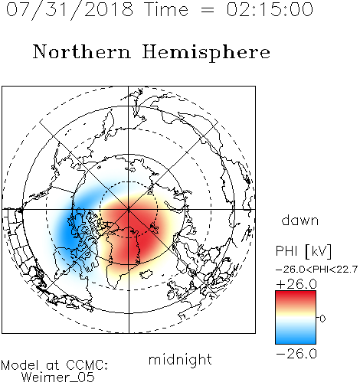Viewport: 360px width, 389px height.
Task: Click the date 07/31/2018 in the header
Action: (x=70, y=10)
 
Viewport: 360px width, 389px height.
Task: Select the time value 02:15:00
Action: (x=270, y=9)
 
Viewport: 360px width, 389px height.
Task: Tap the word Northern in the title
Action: (x=82, y=51)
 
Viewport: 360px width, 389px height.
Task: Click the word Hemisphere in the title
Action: (x=206, y=53)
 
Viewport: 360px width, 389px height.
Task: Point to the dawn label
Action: (x=300, y=220)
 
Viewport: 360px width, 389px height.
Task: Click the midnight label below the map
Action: (x=180, y=360)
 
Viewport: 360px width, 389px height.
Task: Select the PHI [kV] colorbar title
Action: (x=303, y=250)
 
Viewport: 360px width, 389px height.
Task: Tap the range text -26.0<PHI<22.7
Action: (x=316, y=270)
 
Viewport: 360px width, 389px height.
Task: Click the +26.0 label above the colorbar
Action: (x=296, y=284)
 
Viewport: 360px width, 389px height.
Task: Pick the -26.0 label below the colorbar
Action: (x=296, y=354)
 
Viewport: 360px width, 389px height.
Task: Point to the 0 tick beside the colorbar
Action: (x=322, y=319)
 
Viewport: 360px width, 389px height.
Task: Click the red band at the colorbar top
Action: (x=296, y=296)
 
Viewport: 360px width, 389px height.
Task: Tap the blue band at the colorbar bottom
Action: (x=296, y=338)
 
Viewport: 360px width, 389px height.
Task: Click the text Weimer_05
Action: (x=58, y=378)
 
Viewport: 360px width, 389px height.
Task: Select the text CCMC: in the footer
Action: (x=87, y=365)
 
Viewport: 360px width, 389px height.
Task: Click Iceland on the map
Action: (x=146, y=274)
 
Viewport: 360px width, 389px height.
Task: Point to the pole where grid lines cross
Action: (x=129, y=210)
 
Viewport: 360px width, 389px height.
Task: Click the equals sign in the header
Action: (x=208, y=10)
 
